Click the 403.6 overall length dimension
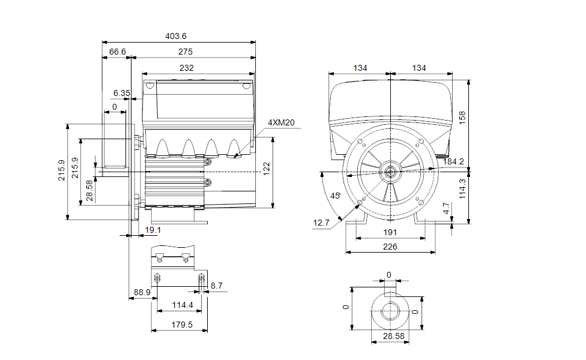pyautogui.click(x=176, y=36)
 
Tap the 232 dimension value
pyautogui.click(x=187, y=68)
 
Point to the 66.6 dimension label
pyautogui.click(x=117, y=52)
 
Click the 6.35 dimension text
pyautogui.click(x=121, y=93)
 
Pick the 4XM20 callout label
pyautogui.click(x=281, y=122)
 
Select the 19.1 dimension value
pyautogui.click(x=153, y=230)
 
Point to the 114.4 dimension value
pyautogui.click(x=183, y=305)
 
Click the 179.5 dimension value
pyautogui.click(x=179, y=325)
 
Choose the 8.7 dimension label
pyautogui.click(x=216, y=286)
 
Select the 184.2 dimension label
pyautogui.click(x=453, y=161)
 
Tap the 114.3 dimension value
pyautogui.click(x=462, y=188)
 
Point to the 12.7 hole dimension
pyautogui.click(x=321, y=223)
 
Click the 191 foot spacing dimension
pyautogui.click(x=390, y=233)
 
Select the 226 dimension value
pyautogui.click(x=390, y=246)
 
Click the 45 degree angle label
pyautogui.click(x=336, y=196)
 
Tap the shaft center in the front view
pyautogui.click(x=390, y=173)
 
